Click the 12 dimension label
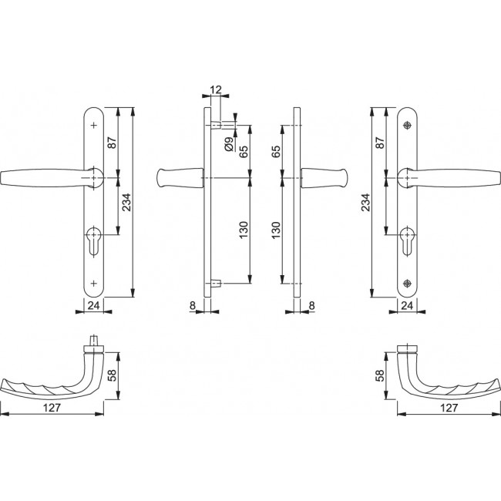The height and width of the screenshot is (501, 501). pos(216,89)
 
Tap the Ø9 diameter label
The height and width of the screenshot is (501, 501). pos(229,144)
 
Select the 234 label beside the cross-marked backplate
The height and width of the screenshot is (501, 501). pos(126,202)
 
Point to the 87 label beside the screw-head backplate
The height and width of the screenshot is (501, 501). pos(380,143)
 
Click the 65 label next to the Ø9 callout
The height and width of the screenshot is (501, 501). pos(243,151)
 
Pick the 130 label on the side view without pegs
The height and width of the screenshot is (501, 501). pos(275,230)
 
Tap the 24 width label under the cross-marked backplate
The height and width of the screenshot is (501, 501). pos(93,306)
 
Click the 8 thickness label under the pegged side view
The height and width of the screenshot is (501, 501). pos(193,306)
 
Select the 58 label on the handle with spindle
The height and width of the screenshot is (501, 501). pos(112,375)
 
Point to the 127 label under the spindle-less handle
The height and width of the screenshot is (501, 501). pos(449,408)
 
